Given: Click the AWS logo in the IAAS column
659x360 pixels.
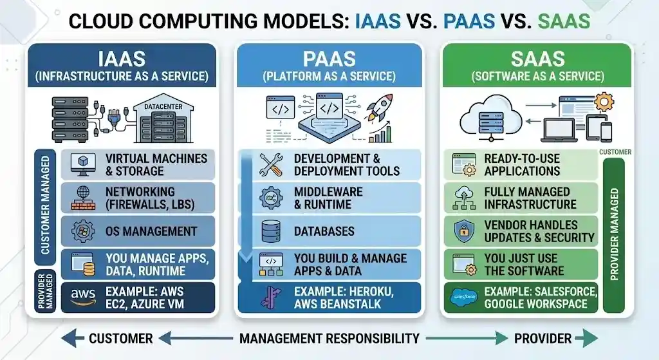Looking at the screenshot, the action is pos(84,297).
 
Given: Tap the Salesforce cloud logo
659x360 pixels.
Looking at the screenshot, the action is pos(464,297).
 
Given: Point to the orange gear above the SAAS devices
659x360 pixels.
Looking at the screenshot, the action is pos(604,102).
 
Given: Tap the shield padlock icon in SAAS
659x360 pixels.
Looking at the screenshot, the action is pos(464,231).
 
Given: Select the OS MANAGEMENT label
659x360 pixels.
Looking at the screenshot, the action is pos(151,231).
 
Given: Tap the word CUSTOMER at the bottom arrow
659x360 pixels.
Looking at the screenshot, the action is pos(120,338).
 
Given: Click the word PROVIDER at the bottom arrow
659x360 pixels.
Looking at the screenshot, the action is pos(542,338).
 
